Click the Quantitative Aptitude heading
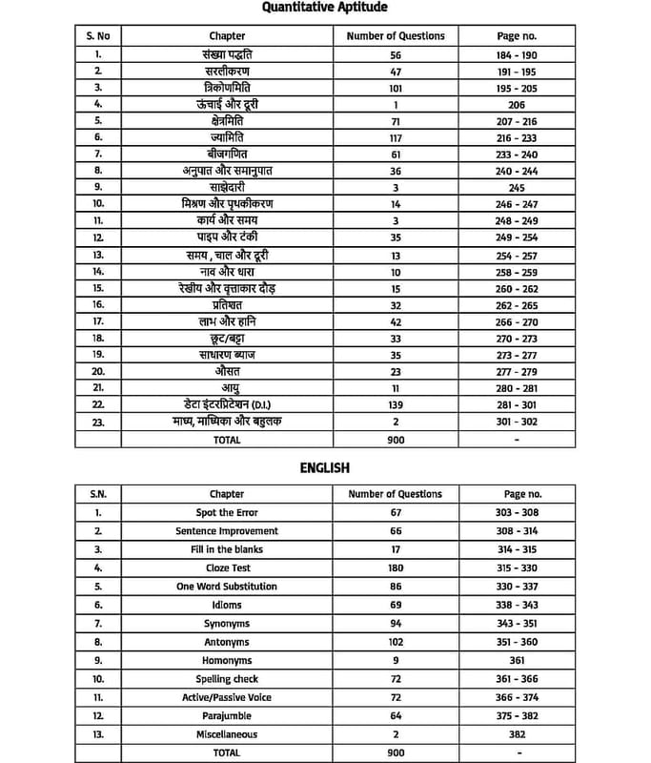pyautogui.click(x=325, y=8)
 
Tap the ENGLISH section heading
pyautogui.click(x=325, y=467)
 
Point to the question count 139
pyautogui.click(x=396, y=404)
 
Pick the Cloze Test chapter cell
pyautogui.click(x=227, y=567)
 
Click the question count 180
pyautogui.click(x=396, y=567)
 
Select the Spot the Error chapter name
pyautogui.click(x=227, y=512)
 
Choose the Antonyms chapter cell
pyautogui.click(x=227, y=642)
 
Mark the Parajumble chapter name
pyautogui.click(x=227, y=715)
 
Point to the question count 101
pyautogui.click(x=396, y=87)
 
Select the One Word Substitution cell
pyautogui.click(x=227, y=587)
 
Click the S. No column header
pyautogui.click(x=98, y=36)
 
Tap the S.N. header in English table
pyautogui.click(x=98, y=494)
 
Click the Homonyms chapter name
pyautogui.click(x=227, y=660)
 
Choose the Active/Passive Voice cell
pyautogui.click(x=227, y=697)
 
